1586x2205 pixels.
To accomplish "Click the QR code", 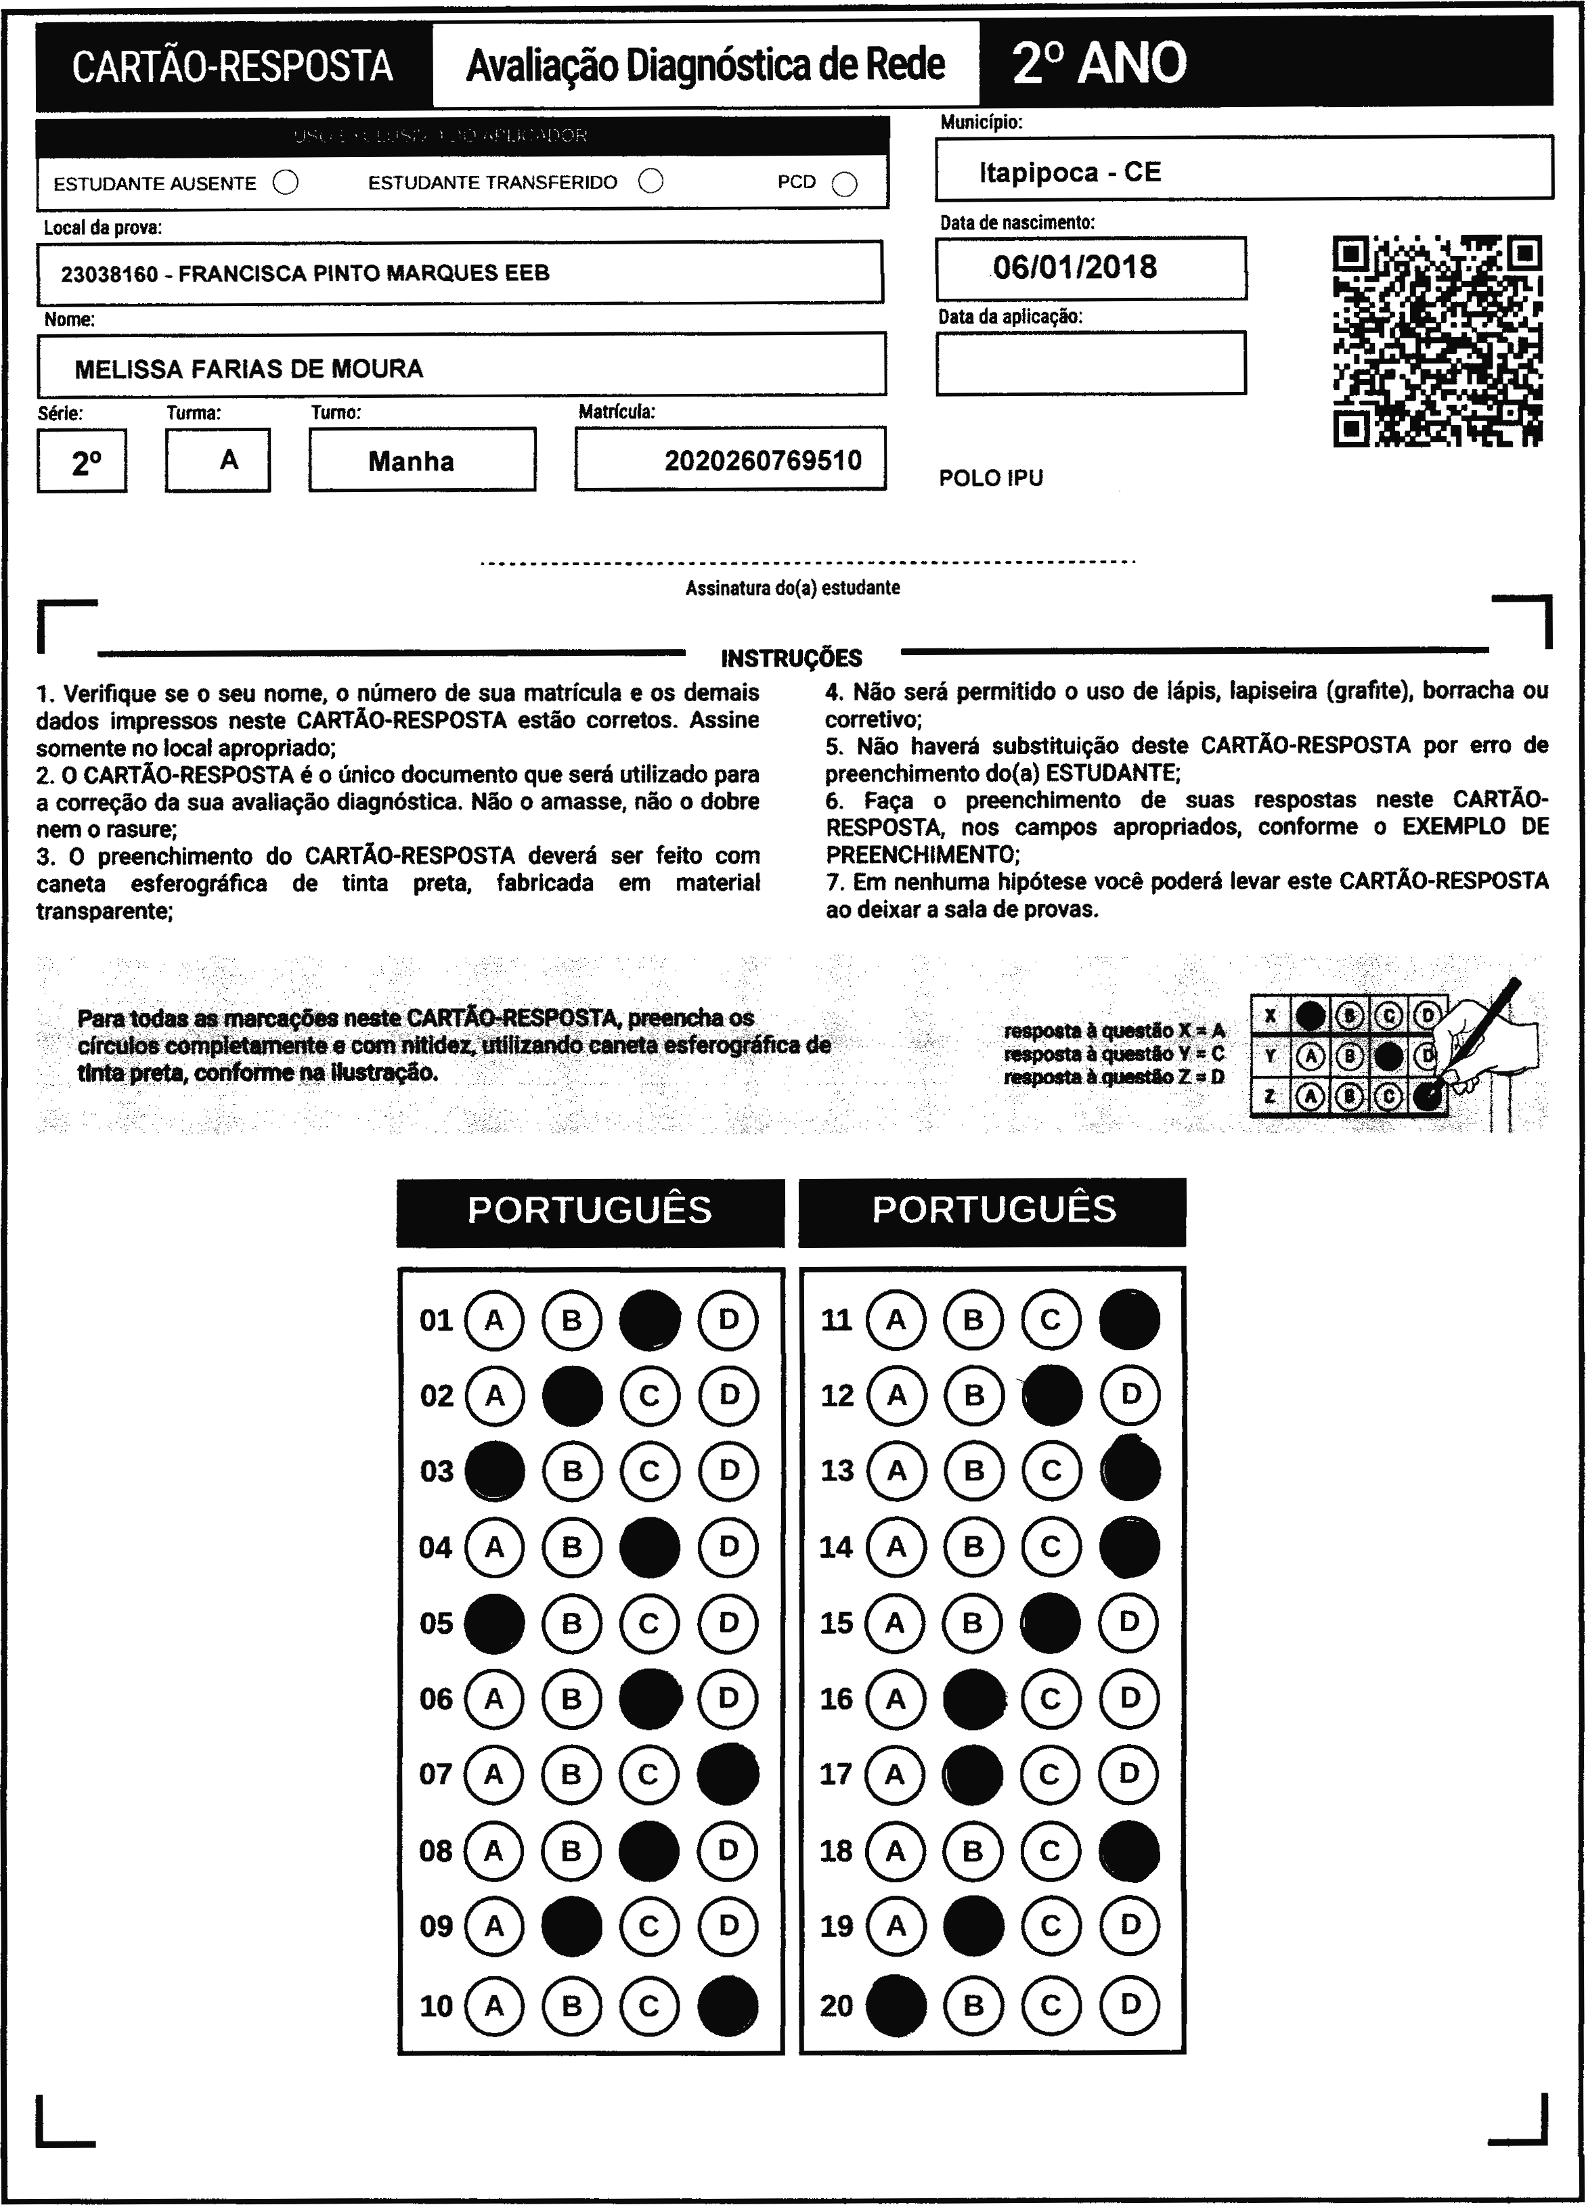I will click(1437, 341).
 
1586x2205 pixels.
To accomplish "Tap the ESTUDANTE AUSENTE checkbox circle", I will click(286, 183).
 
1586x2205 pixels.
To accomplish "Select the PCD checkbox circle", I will click(845, 184).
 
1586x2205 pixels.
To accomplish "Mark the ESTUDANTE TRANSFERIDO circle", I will click(651, 182).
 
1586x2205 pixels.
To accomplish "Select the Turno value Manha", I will click(412, 461).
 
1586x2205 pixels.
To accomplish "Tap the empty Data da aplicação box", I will click(1090, 363).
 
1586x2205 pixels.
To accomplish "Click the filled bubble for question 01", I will click(650, 1320).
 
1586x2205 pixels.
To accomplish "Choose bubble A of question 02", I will click(495, 1396).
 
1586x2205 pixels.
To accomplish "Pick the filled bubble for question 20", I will click(896, 2005).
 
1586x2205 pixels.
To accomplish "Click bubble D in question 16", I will click(1129, 1699).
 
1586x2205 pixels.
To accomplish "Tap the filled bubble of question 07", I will click(728, 1775).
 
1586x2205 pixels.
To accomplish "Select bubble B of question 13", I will click(973, 1471).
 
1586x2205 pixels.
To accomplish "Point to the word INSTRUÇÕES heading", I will click(791, 659).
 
